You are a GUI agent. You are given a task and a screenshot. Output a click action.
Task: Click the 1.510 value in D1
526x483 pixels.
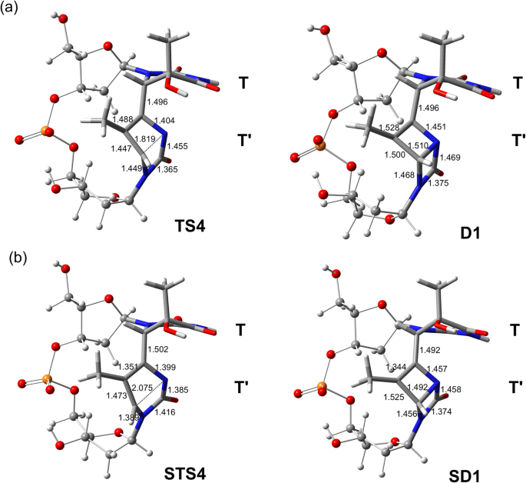[x=399, y=144]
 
